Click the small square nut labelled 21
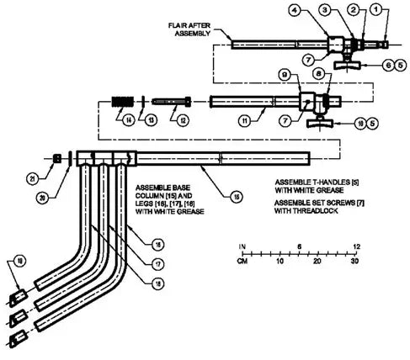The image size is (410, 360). (56, 157)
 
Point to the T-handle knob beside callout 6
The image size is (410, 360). (346, 61)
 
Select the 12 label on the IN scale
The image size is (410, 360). (357, 245)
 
